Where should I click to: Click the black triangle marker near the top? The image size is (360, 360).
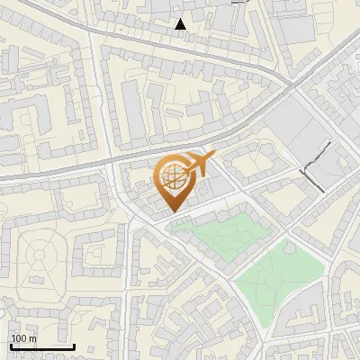[181, 24]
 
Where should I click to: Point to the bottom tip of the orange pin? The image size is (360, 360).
[171, 211]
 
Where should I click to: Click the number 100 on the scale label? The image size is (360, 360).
[19, 338]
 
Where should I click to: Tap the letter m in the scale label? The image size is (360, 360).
[33, 338]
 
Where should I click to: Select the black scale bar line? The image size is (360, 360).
[41, 346]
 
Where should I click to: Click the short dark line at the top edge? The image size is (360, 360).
[238, 3]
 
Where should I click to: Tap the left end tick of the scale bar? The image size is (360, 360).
[10, 346]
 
